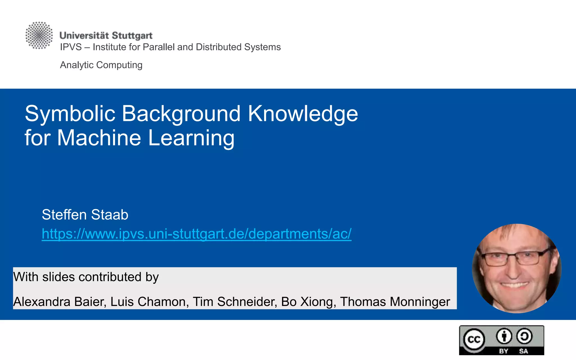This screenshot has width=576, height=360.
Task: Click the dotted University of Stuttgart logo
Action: click(39, 35)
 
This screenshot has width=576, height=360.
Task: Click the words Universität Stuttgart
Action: click(106, 35)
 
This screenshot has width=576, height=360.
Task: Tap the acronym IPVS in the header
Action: click(71, 47)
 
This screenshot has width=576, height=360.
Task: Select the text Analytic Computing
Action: click(101, 65)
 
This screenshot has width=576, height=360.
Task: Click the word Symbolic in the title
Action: click(70, 114)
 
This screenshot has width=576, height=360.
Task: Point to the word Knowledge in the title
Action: click(303, 114)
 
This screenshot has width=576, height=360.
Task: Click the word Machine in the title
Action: click(99, 138)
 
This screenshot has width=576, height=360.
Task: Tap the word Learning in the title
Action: click(191, 138)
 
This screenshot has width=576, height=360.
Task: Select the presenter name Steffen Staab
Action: click(85, 215)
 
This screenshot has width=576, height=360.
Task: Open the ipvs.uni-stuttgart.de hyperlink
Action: click(197, 234)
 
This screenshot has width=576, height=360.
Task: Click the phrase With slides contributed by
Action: click(86, 277)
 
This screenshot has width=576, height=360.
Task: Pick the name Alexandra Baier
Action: click(60, 302)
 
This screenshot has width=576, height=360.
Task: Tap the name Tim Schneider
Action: click(235, 302)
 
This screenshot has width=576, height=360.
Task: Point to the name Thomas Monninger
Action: click(395, 302)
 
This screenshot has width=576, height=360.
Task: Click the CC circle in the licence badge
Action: click(474, 339)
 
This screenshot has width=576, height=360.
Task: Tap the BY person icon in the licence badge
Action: click(504, 336)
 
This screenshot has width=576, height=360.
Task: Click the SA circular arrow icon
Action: click(524, 336)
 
